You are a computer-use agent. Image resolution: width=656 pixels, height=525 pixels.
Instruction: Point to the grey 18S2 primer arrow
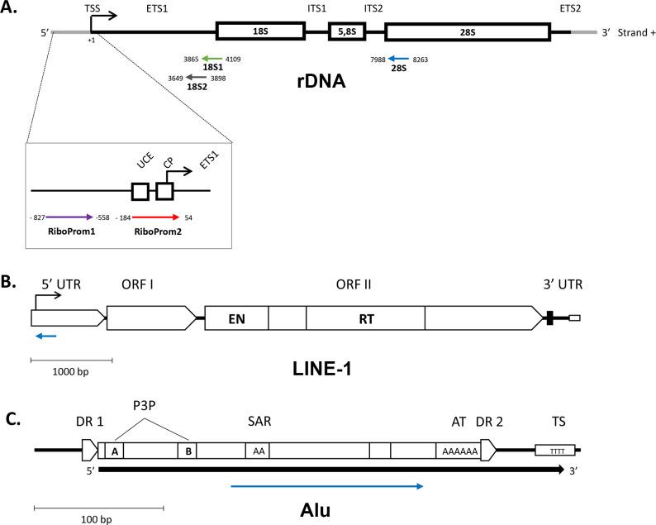point(197,77)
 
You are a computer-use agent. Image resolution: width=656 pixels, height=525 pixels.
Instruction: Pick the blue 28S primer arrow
point(399,60)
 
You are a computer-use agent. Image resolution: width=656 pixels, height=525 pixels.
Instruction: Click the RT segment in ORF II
point(365,316)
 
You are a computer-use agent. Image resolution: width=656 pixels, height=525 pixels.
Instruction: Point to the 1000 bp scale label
point(72,371)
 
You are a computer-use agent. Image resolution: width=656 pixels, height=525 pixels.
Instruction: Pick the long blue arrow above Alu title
point(327,486)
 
